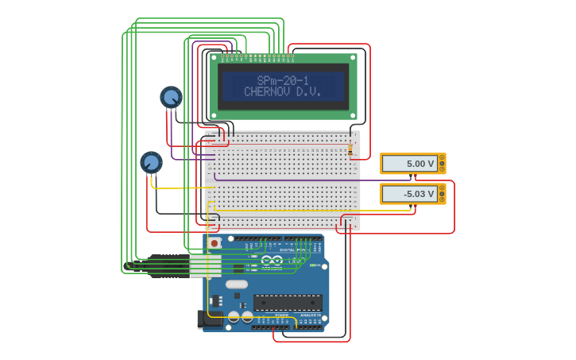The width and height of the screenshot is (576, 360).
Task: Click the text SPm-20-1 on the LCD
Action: (x=283, y=80)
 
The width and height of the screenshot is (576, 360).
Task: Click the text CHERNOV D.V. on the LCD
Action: (x=283, y=92)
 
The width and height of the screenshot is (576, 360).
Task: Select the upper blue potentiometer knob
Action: (x=171, y=97)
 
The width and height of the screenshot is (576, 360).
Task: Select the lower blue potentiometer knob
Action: (x=151, y=162)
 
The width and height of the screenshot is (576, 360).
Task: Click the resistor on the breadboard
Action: (x=350, y=149)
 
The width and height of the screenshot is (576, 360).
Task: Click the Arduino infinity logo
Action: (x=272, y=260)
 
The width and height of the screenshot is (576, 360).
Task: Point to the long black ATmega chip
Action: (x=288, y=302)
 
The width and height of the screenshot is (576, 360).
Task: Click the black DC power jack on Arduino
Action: (x=207, y=319)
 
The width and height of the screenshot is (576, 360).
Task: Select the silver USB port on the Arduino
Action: (x=205, y=265)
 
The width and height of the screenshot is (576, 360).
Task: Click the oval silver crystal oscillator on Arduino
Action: (x=237, y=284)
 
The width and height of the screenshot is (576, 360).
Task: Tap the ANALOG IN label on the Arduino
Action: (x=311, y=315)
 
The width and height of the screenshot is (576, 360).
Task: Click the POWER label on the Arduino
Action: (x=281, y=315)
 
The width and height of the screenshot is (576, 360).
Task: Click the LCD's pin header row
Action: (x=257, y=57)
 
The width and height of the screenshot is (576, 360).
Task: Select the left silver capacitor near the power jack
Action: (x=234, y=316)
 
